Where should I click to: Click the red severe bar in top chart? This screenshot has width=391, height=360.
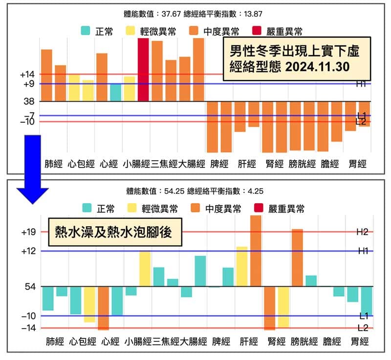point(143,69)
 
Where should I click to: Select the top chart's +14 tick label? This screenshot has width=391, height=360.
point(27,75)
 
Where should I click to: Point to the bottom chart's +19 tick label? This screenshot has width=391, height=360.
point(28,232)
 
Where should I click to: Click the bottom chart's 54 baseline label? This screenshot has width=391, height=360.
point(29,287)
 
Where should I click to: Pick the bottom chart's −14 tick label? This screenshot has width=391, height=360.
point(27,328)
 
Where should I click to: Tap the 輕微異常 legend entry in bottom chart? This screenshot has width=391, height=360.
point(152,209)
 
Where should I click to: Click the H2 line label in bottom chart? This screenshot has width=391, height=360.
point(362,233)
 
